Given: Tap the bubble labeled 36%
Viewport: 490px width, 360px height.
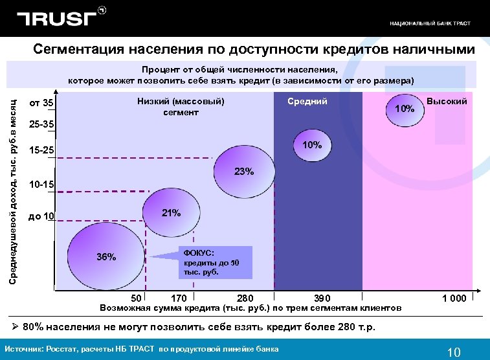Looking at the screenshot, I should pyautogui.click(x=104, y=255).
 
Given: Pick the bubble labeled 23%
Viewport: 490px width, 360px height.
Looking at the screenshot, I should pyautogui.click(x=242, y=172).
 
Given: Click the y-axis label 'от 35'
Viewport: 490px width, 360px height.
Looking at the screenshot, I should pyautogui.click(x=41, y=104).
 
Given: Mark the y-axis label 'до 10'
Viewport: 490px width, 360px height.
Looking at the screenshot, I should pyautogui.click(x=41, y=216).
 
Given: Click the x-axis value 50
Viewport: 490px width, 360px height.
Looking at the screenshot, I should pyautogui.click(x=136, y=298).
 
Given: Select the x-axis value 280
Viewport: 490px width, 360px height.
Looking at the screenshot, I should pyautogui.click(x=245, y=298).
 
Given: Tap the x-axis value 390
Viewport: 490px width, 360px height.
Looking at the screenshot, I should pyautogui.click(x=322, y=298).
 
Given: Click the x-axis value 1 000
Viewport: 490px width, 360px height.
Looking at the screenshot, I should pyautogui.click(x=454, y=298).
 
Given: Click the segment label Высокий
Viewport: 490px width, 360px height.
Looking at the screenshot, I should pyautogui.click(x=447, y=102).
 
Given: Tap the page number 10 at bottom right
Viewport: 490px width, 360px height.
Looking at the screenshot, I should pyautogui.click(x=454, y=352).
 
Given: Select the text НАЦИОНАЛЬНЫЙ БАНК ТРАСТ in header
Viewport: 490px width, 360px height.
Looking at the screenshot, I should pyautogui.click(x=430, y=23).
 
